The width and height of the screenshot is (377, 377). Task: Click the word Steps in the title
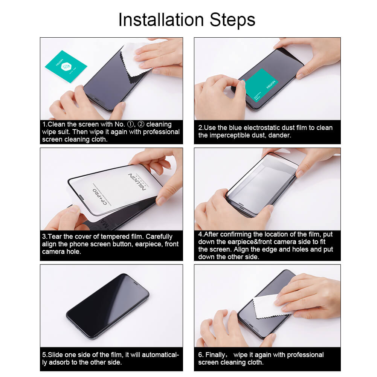pos(231,20)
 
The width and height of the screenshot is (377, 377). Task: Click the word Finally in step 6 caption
pos(216,355)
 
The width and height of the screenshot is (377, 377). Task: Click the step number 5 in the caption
pos(44,355)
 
